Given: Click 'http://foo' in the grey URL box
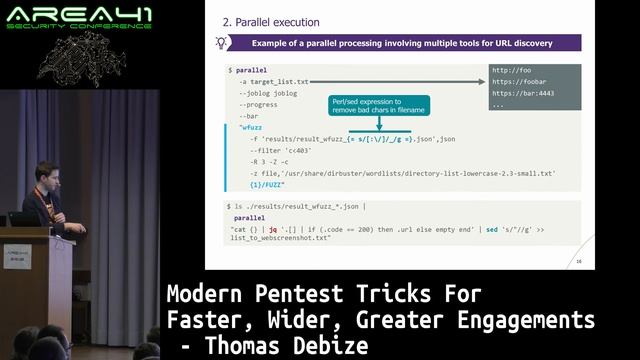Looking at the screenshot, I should point(511,70).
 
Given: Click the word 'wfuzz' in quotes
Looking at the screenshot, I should point(249,127).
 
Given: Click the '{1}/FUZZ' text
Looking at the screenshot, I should point(268,185).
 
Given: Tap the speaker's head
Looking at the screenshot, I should point(45,173).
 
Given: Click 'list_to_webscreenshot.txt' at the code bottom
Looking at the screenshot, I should point(280,239).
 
